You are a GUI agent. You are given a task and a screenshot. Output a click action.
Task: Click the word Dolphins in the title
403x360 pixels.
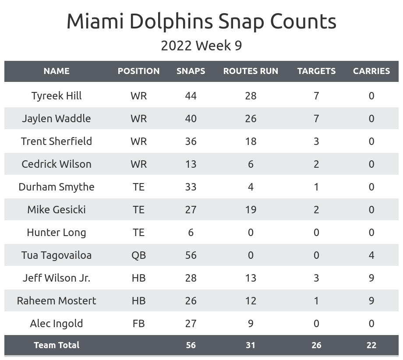click(x=171, y=21)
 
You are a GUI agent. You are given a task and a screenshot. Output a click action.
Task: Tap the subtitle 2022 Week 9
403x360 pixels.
click(x=201, y=46)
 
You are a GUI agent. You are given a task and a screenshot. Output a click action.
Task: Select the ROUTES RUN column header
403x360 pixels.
click(x=251, y=71)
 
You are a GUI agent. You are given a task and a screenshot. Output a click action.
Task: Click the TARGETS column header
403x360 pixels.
click(x=316, y=71)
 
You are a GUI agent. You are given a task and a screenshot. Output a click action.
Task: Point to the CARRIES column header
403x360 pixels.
click(x=371, y=71)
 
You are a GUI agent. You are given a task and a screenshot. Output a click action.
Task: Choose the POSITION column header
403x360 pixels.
click(x=138, y=71)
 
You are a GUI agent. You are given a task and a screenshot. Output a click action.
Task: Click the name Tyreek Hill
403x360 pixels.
click(x=57, y=96)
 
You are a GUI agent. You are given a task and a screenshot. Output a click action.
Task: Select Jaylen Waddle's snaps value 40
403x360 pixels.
click(x=191, y=119)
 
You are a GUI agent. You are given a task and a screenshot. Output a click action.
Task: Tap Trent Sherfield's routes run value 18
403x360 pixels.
click(x=251, y=141)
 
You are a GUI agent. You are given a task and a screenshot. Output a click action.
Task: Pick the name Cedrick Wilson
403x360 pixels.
click(x=57, y=164)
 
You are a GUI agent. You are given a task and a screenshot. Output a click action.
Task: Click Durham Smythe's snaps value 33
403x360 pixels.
click(x=191, y=187)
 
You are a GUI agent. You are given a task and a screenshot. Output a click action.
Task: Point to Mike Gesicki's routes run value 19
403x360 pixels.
click(x=251, y=210)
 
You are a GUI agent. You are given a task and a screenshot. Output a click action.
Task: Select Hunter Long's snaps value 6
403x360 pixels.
click(x=191, y=233)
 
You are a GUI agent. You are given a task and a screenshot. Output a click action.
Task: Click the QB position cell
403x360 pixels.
click(x=138, y=255)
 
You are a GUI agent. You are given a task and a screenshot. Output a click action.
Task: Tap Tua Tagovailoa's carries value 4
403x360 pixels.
click(x=371, y=255)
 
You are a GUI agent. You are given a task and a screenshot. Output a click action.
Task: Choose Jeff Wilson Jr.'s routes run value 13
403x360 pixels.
click(x=251, y=278)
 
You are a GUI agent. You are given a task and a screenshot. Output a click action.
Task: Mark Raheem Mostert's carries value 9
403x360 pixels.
click(x=371, y=301)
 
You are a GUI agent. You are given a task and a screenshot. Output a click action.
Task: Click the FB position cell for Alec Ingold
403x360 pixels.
click(x=138, y=324)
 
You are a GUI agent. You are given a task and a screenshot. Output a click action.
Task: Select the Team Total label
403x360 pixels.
click(x=57, y=345)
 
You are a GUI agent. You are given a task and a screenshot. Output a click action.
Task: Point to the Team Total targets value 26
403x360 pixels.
click(x=316, y=345)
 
